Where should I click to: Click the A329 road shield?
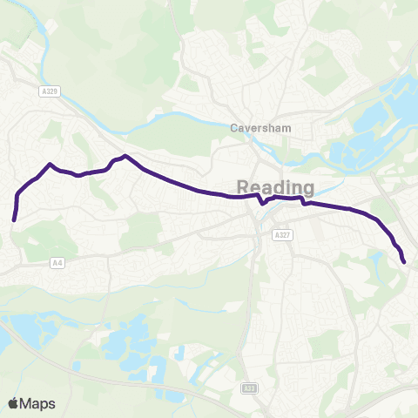pyautogui.click(x=49, y=90)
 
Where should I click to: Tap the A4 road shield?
pyautogui.click(x=57, y=262)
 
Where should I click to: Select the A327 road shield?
pyautogui.click(x=280, y=234)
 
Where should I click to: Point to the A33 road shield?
pyautogui.click(x=249, y=388)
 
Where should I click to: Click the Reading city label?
pyautogui.click(x=275, y=187)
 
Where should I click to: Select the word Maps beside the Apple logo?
pyautogui.click(x=39, y=403)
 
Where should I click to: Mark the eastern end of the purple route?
pyautogui.click(x=404, y=261)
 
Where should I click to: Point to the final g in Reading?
pyautogui.click(x=307, y=190)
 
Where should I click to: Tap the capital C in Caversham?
pyautogui.click(x=233, y=126)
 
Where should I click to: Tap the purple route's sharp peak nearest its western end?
pyautogui.click(x=51, y=164)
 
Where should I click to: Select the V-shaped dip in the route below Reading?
pyautogui.click(x=263, y=206)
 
